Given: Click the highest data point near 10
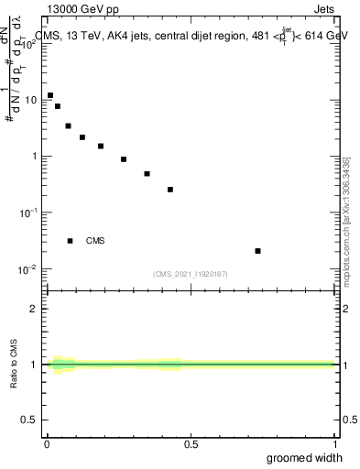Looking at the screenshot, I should point(50,95).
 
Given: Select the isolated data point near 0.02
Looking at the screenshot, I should point(257,251).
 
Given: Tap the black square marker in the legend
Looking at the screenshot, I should point(70,241).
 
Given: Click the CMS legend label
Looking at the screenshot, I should point(95,241).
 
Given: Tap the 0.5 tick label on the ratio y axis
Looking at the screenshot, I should point(33,421).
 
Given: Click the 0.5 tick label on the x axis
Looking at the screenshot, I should point(191,444).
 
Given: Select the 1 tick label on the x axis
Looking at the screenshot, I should point(334,444).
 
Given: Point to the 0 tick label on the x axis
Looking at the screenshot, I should point(47,444).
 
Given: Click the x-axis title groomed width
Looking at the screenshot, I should point(305,458).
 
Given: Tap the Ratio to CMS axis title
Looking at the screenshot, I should point(15,364).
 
